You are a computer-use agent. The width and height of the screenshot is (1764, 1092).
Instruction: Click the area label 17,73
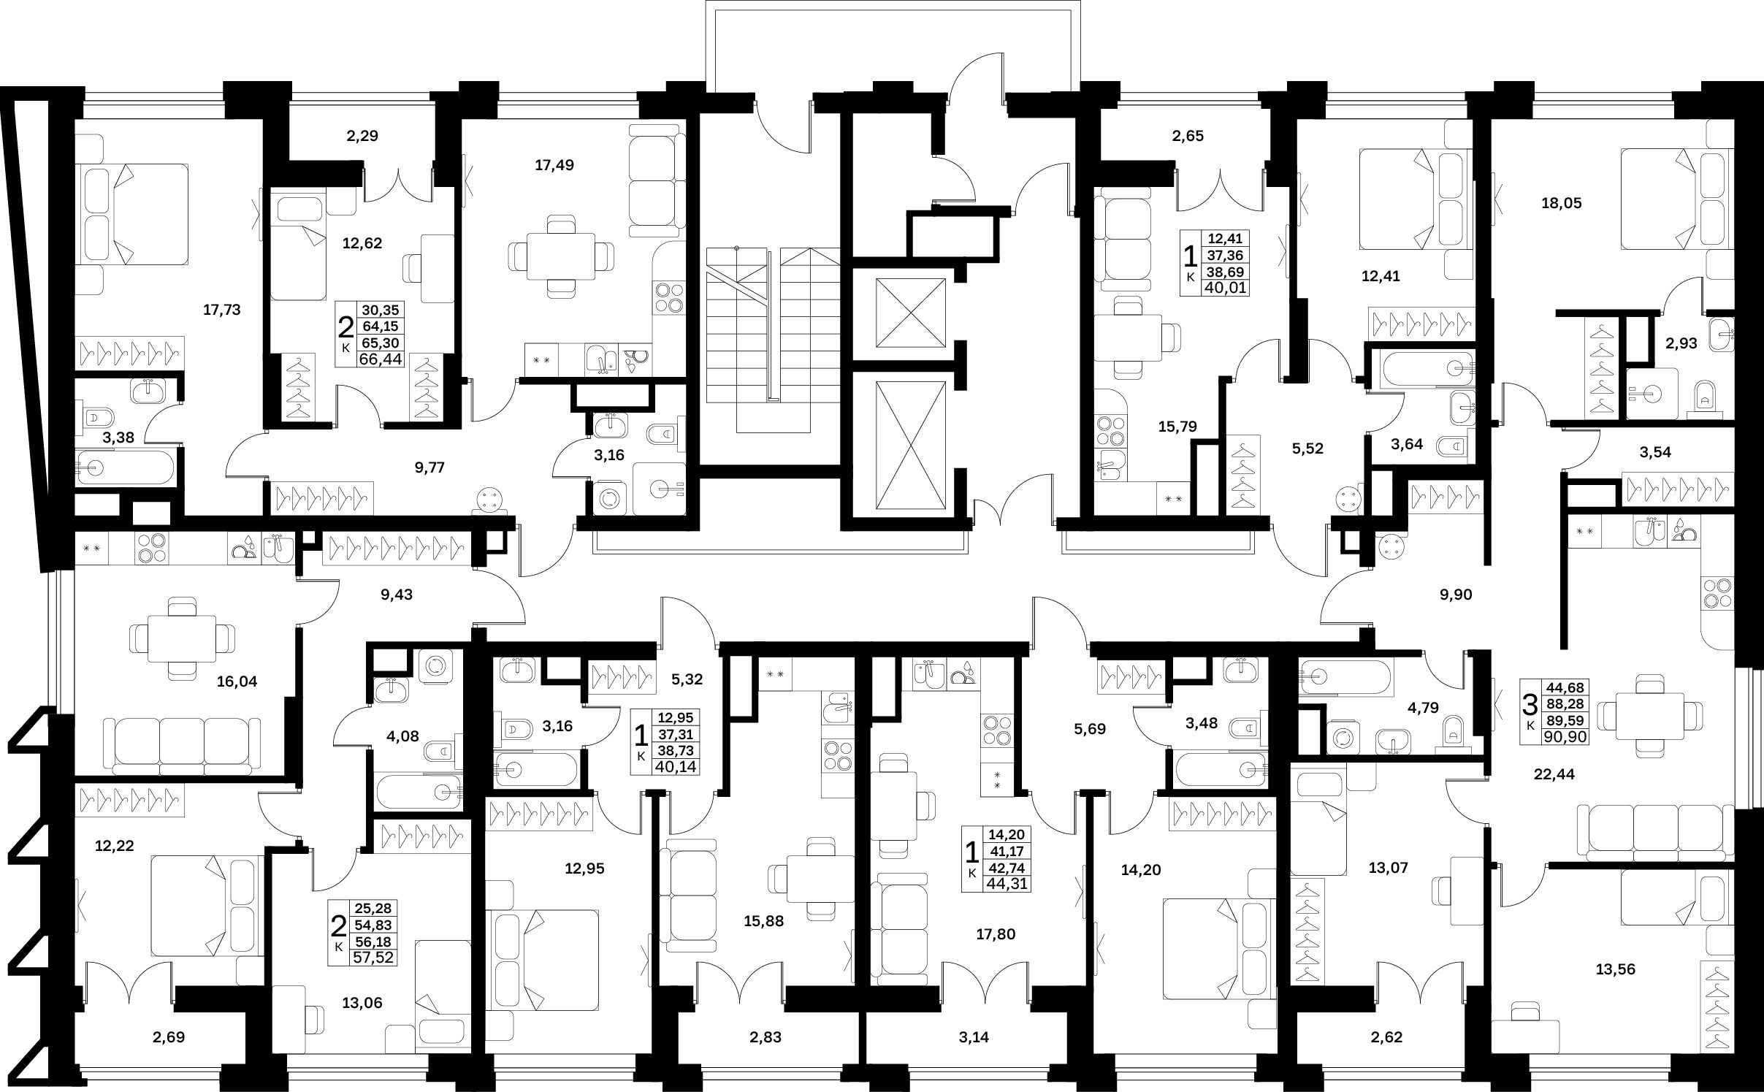(x=222, y=310)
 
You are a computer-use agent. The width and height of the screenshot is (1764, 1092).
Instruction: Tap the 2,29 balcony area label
(x=362, y=136)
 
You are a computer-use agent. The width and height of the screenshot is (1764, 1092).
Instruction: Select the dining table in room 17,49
(x=560, y=256)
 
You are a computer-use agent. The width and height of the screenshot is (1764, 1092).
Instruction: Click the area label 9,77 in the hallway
(x=429, y=467)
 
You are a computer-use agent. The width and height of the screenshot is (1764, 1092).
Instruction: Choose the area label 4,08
(x=403, y=736)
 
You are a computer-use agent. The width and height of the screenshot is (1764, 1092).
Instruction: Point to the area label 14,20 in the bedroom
(x=1141, y=870)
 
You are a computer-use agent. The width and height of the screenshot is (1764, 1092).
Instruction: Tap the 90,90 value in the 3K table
(x=1564, y=737)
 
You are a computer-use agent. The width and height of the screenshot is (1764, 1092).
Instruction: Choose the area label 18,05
(x=1562, y=204)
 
